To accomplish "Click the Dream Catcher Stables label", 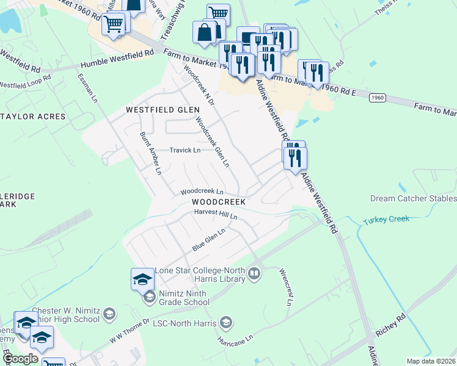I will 414,199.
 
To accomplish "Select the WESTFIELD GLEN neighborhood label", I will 163,110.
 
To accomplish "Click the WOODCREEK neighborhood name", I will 218,201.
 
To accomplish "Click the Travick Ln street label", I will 185,150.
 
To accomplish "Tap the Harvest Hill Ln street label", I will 215,214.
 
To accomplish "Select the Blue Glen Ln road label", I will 209,239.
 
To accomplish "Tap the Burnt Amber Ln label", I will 150,153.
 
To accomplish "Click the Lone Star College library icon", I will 255,276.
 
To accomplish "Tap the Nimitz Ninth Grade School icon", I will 149,298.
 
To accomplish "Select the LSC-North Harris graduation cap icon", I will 226,322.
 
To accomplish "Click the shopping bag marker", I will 204,32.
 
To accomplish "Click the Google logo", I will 21,359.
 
